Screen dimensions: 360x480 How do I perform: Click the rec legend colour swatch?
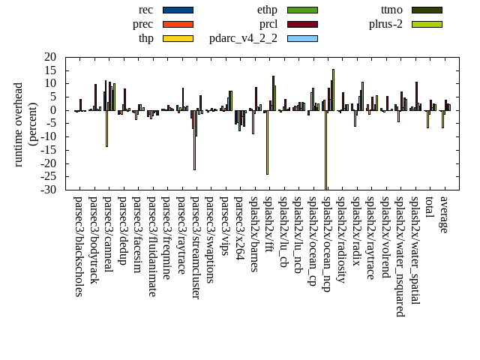178,10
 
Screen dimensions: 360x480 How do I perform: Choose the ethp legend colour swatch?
302,10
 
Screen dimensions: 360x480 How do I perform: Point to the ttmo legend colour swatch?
426,10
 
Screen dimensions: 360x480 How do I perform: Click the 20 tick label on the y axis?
51,57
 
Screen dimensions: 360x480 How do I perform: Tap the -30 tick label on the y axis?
49,190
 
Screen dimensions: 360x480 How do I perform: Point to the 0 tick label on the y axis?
54,110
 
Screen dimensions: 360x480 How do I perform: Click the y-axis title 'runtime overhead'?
19,124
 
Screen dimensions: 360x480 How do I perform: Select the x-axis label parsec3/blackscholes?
78,246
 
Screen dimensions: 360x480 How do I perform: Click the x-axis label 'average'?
444,214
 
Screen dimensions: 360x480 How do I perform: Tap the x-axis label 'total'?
429,208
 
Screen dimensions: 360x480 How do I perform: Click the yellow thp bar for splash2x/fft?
267,142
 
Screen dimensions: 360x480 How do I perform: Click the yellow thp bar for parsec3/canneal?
106,128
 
